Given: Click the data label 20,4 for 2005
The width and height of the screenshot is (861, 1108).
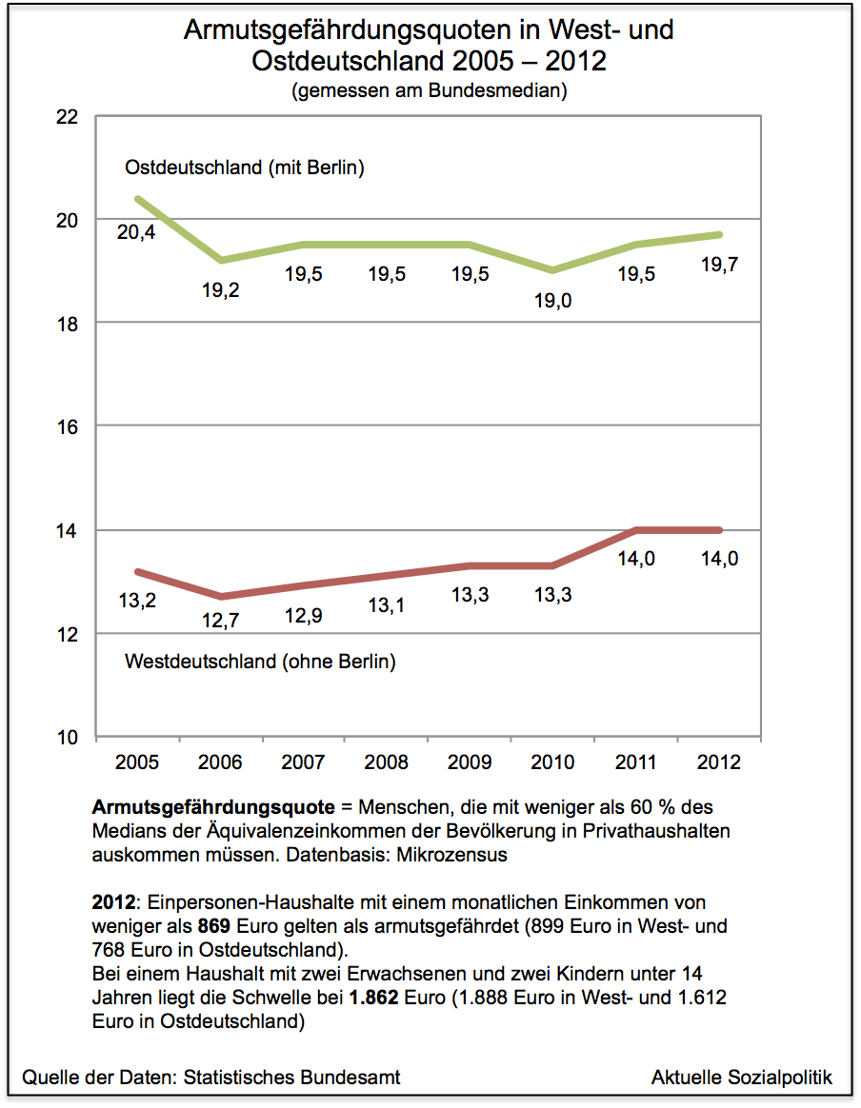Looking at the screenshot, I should [x=136, y=231].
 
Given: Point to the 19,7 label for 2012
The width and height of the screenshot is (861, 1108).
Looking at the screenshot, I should [x=719, y=266].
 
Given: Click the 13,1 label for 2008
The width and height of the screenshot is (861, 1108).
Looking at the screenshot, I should [x=386, y=605].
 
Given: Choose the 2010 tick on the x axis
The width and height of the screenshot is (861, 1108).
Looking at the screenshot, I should [x=552, y=762].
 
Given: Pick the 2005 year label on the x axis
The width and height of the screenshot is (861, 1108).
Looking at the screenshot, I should [x=136, y=762].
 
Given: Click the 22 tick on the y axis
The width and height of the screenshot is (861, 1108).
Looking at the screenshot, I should [x=68, y=117].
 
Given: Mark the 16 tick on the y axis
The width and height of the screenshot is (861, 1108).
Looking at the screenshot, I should [x=68, y=426].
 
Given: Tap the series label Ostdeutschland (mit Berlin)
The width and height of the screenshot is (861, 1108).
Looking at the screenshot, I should [x=245, y=168].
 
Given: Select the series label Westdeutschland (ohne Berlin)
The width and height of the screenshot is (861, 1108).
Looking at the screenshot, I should [x=260, y=661].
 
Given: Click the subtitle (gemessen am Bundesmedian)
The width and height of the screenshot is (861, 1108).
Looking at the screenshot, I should [x=430, y=92].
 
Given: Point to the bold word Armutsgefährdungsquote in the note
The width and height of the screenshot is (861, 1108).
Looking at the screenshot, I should [x=213, y=806].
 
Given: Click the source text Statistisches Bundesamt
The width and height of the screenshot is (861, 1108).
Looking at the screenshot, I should [x=290, y=1078].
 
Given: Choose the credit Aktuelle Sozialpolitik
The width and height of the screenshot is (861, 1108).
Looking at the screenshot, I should [x=741, y=1078].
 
